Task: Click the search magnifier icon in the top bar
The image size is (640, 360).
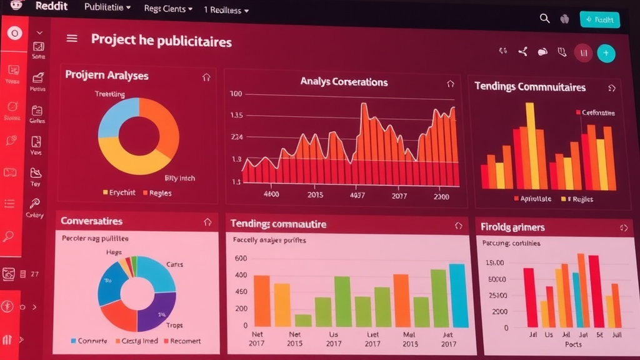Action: pos(544,19)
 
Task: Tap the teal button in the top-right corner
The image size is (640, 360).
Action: pos(599,19)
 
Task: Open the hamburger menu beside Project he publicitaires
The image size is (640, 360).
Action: pos(72,39)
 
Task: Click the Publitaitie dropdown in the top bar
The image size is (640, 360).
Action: pos(107,8)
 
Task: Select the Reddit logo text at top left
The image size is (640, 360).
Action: pos(52,6)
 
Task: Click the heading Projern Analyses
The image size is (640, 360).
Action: pos(107,76)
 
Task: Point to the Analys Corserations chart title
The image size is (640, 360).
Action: pos(344,82)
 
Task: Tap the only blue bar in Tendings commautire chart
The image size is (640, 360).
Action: pos(458,296)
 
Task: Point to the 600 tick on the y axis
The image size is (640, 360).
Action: pos(241,259)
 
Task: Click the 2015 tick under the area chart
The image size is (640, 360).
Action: pos(316,195)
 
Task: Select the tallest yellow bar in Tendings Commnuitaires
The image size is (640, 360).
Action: pos(530,145)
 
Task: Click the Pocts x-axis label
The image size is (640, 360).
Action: pos(573,344)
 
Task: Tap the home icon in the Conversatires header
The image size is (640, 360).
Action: pos(207,222)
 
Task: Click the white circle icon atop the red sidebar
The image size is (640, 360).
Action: pos(14,32)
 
